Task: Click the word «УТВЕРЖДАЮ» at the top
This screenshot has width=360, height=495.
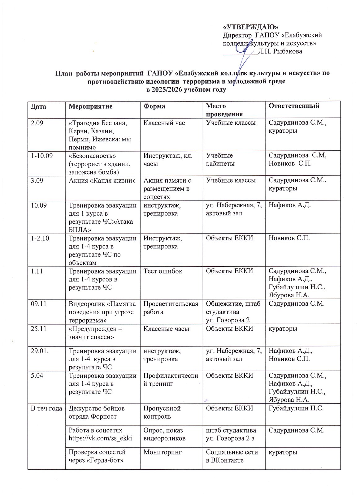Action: (x=249, y=27)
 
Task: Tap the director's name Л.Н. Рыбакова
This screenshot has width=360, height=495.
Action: (x=280, y=51)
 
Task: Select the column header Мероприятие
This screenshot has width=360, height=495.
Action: (x=90, y=106)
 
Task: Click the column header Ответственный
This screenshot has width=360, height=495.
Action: (x=294, y=106)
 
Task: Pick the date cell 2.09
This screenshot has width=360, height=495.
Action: (x=37, y=123)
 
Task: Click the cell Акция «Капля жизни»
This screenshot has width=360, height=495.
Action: (x=102, y=180)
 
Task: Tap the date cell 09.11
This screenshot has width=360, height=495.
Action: (x=38, y=304)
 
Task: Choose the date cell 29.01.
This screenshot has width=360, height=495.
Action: (x=40, y=351)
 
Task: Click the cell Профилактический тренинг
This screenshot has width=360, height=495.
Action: (x=171, y=380)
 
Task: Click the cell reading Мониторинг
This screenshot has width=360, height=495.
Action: (x=162, y=452)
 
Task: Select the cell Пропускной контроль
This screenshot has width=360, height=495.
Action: (x=162, y=412)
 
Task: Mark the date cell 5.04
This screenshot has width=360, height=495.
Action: (x=37, y=376)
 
